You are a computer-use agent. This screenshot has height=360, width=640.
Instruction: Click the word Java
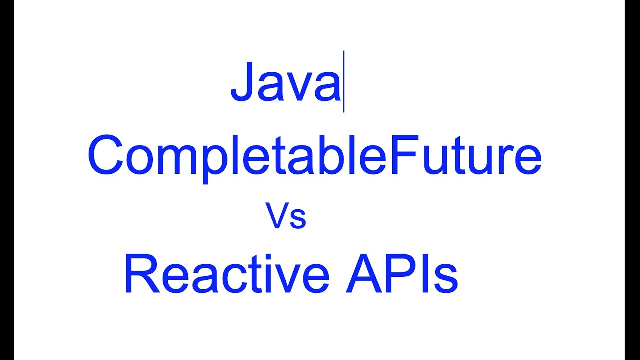pyautogui.click(x=285, y=82)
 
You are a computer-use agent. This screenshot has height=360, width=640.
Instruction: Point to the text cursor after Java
pyautogui.click(x=344, y=82)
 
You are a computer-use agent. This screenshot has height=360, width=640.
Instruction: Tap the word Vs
pyautogui.click(x=285, y=216)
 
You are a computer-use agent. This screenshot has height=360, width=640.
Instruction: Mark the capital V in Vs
pyautogui.click(x=277, y=216)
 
